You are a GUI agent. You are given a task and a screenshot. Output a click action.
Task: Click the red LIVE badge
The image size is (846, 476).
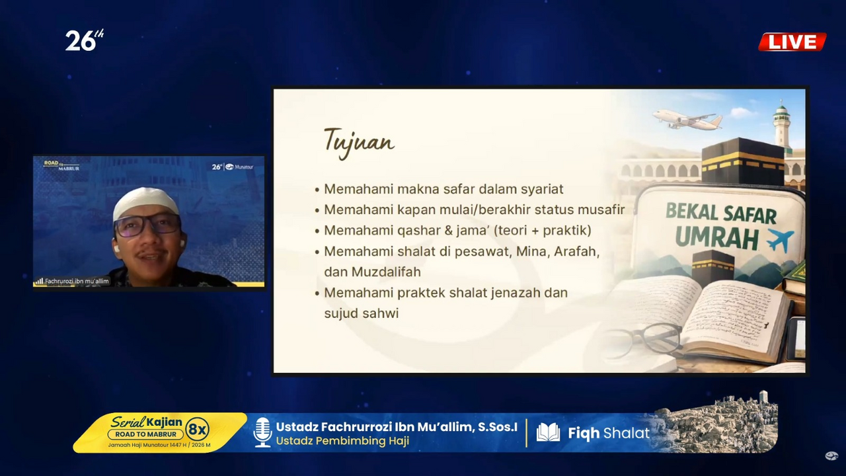click(792, 42)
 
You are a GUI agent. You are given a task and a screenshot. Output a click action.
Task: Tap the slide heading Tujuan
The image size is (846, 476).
click(359, 141)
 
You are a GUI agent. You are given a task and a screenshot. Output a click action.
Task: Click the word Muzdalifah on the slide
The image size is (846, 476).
click(386, 272)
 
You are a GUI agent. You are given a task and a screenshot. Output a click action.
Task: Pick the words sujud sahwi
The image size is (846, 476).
click(361, 313)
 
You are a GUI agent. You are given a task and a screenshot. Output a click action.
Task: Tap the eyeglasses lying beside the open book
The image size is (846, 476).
click(641, 339)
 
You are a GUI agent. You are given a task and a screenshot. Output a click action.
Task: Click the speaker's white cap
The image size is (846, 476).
click(146, 201)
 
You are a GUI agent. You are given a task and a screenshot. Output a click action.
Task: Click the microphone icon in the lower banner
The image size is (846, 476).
click(262, 432)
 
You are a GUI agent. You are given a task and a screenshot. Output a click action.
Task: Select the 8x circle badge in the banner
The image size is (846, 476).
click(198, 430)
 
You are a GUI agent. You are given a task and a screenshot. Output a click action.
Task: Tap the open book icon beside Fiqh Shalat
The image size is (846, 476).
click(548, 433)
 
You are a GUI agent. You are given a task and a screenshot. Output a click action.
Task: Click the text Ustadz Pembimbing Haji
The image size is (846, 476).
click(342, 441)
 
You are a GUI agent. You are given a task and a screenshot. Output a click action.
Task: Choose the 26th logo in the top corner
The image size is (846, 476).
click(84, 41)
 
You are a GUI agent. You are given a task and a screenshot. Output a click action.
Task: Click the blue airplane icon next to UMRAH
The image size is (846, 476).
click(780, 241)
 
